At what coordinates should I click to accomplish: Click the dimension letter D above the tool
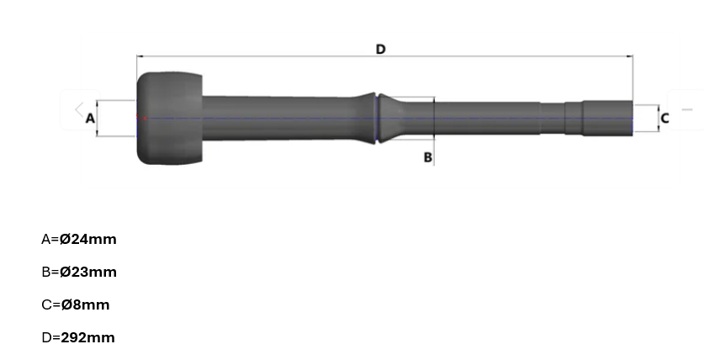pyautogui.click(x=380, y=50)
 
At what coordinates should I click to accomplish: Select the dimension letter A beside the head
pyautogui.click(x=90, y=119)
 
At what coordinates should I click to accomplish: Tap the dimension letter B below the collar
pyautogui.click(x=427, y=157)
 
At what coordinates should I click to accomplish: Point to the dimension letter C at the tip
pyautogui.click(x=665, y=119)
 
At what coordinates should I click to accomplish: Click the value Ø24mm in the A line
pyautogui.click(x=88, y=239)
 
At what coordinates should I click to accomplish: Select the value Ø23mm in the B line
pyautogui.click(x=88, y=272)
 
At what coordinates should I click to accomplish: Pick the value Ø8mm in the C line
pyautogui.click(x=84, y=304)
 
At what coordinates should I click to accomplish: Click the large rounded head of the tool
pyautogui.click(x=169, y=119)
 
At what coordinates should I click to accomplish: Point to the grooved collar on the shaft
pyautogui.click(x=379, y=118)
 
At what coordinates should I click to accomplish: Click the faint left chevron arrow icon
pyautogui.click(x=78, y=109)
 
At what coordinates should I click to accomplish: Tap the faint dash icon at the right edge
pyautogui.click(x=687, y=109)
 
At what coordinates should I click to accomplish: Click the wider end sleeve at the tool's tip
pyautogui.click(x=607, y=119)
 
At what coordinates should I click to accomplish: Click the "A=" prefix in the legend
pyautogui.click(x=50, y=239)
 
